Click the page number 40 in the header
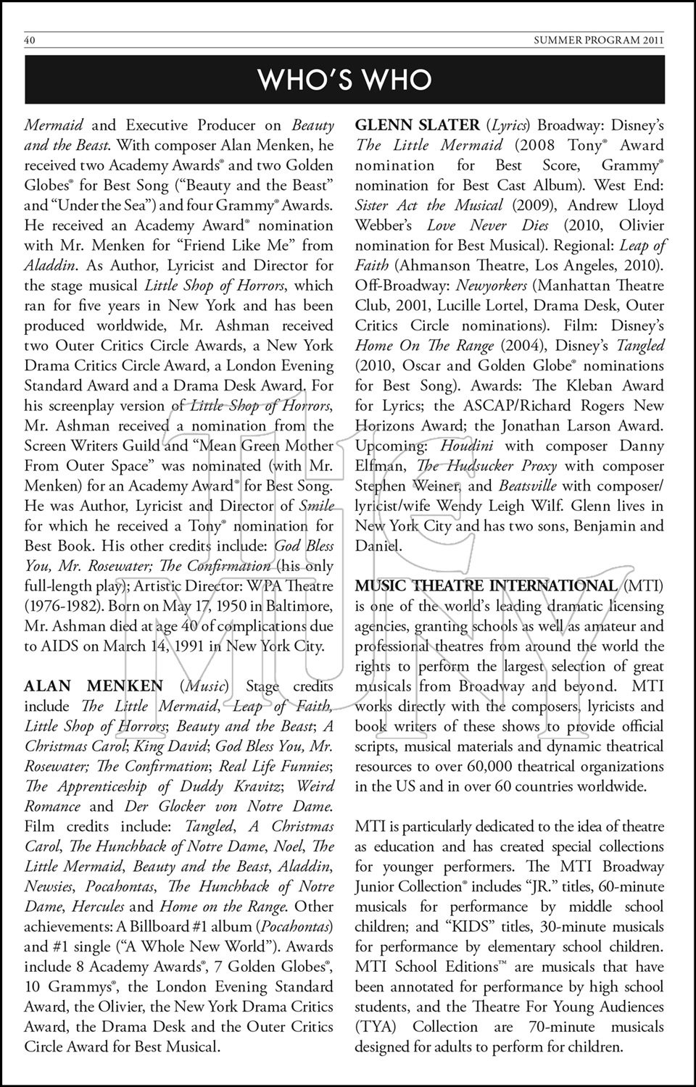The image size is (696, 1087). coord(30,41)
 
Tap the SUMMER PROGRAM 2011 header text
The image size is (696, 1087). coord(598,41)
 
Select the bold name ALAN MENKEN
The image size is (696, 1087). coord(94,686)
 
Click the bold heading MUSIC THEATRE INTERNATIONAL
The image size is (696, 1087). coord(486,586)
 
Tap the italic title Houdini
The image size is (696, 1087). coord(466,446)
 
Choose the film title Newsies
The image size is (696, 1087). coord(49,887)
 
